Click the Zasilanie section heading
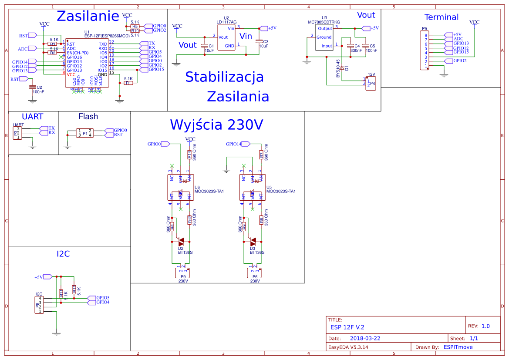88,16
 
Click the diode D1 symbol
342,68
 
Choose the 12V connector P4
371,83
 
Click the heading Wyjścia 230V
217,125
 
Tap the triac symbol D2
181,241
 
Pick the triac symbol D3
253,241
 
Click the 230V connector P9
183,273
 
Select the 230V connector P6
255,273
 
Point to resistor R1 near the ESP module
128,83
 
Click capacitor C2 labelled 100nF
32,87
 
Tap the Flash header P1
84,133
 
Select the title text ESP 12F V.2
347,327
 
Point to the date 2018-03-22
365,338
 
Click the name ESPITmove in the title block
458,347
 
